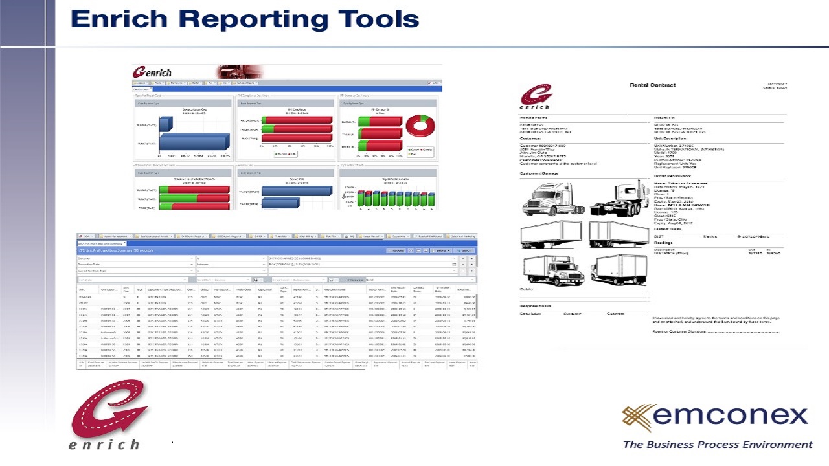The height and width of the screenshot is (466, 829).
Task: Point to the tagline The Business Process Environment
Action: [717, 445]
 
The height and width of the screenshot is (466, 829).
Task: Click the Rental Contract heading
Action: [652, 85]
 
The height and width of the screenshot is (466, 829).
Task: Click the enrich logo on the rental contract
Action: [536, 98]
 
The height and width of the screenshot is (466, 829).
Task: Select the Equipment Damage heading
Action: [539, 173]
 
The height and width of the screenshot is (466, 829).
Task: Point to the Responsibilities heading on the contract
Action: [536, 306]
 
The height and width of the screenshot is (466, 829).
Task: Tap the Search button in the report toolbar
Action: [464, 250]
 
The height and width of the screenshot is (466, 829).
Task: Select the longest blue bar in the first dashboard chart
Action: [194, 142]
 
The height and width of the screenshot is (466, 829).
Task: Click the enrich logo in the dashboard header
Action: [153, 72]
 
